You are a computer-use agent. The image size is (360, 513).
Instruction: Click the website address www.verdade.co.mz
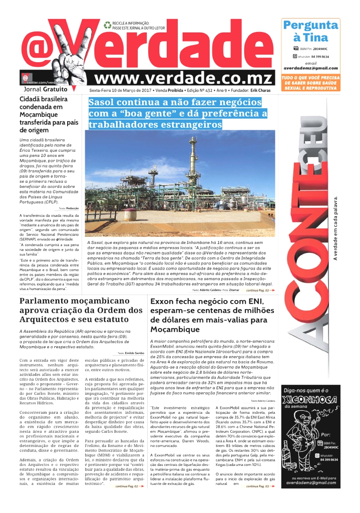coord(184,78)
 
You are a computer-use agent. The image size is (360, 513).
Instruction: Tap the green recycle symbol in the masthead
coord(107,25)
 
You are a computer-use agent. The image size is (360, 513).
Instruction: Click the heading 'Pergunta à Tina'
coord(310,31)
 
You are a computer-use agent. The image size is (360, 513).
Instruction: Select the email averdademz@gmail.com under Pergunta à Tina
coord(310,68)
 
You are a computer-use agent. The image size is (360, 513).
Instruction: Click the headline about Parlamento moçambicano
coord(80,310)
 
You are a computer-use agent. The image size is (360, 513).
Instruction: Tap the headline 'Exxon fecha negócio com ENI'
coord(212,315)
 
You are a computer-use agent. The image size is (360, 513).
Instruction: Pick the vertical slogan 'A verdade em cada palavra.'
coord(335,228)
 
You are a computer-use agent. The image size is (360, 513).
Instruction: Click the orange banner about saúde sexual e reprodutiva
coord(310,83)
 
